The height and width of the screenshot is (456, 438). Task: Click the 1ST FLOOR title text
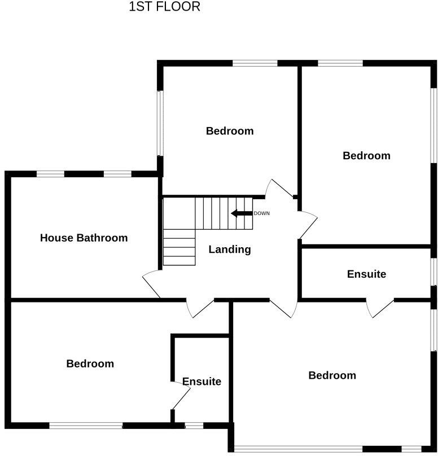(x=164, y=7)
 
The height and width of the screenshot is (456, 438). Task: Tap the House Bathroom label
(x=84, y=238)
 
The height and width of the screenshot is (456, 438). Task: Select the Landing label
(x=230, y=249)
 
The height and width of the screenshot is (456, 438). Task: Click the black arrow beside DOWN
(x=241, y=213)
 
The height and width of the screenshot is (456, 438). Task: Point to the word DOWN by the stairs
(x=262, y=213)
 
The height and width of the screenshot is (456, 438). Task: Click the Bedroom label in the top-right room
(x=366, y=155)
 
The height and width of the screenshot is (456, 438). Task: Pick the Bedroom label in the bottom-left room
(x=90, y=363)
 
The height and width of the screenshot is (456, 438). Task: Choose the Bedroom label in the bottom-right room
(x=332, y=375)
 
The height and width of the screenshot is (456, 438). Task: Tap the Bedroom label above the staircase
(x=230, y=131)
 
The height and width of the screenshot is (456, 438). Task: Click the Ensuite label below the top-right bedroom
(x=366, y=274)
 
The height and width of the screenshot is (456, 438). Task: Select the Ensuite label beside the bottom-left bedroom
(x=202, y=382)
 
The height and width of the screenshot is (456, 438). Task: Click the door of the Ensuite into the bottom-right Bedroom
(x=379, y=308)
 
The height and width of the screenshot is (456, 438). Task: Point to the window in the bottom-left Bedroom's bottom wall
(x=86, y=426)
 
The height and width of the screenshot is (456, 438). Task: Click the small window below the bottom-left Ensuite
(x=194, y=426)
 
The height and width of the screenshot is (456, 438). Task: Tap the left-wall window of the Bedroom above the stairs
(x=160, y=122)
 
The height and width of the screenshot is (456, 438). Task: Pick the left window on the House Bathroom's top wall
(x=51, y=174)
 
